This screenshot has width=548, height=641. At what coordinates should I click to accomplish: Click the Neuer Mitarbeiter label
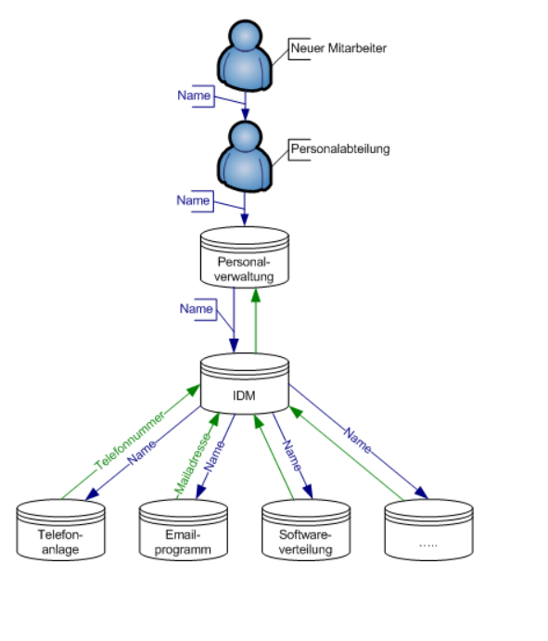[338, 48]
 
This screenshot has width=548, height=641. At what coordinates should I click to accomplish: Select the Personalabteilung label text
[340, 148]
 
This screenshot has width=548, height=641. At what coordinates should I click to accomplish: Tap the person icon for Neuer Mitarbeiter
[245, 55]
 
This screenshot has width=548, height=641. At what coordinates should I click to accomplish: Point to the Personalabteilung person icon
[245, 157]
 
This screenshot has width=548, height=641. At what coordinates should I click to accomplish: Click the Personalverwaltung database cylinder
[245, 257]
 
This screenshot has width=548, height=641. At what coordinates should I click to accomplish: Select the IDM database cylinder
[245, 383]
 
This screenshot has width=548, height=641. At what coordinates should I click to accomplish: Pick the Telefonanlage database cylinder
[60, 530]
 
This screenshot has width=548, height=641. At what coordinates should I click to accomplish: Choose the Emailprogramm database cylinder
[183, 530]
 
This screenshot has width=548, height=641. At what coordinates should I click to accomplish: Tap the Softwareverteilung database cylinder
[306, 530]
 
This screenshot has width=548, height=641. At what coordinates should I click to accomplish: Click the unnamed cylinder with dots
[428, 530]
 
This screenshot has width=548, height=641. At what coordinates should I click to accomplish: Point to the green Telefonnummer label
[130, 441]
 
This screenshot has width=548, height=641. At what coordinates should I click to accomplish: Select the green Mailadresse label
[193, 464]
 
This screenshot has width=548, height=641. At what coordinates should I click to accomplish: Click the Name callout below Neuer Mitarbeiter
[195, 96]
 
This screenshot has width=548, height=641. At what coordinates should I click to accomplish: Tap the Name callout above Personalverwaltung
[194, 200]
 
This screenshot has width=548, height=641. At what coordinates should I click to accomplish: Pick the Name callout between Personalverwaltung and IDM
[197, 309]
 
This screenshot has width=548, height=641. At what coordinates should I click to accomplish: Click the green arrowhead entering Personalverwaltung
[256, 295]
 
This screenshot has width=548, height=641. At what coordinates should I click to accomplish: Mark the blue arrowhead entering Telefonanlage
[92, 494]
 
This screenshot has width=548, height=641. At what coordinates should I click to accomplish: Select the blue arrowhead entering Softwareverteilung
[309, 492]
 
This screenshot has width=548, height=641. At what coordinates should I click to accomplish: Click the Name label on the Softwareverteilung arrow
[293, 455]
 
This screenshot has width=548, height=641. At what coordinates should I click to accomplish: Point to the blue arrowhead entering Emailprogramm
[200, 492]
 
